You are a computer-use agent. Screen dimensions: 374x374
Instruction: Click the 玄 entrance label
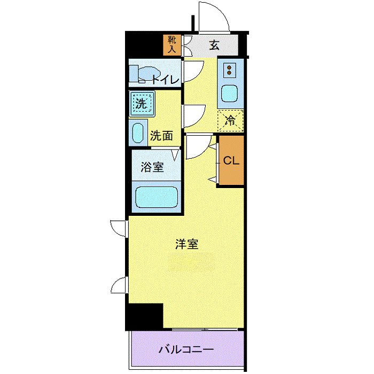pyautogui.click(x=214, y=45)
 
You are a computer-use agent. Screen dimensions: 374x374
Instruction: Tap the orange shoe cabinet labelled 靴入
pyautogui.click(x=172, y=45)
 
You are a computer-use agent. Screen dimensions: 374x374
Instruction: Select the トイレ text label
pyautogui.click(x=166, y=80)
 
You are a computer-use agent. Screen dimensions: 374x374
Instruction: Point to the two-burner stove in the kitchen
pyautogui.click(x=229, y=70)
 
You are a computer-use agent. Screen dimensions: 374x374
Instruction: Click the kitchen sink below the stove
pyautogui.click(x=229, y=93)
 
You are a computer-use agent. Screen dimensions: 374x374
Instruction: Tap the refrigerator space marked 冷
pyautogui.click(x=230, y=121)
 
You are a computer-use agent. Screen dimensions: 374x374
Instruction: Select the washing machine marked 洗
pyautogui.click(x=142, y=104)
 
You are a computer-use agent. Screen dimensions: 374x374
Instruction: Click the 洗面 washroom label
pyautogui.click(x=161, y=136)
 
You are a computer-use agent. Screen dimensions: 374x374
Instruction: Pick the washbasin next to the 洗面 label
pyautogui.click(x=138, y=133)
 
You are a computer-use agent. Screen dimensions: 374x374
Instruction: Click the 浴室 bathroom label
pyautogui.click(x=152, y=167)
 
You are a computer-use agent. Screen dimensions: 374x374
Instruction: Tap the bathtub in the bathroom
pyautogui.click(x=157, y=197)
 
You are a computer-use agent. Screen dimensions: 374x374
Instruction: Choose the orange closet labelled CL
pyautogui.click(x=231, y=160)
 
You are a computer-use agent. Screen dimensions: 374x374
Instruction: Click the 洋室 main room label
pyautogui.click(x=187, y=244)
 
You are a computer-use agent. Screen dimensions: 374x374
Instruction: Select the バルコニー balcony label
pyautogui.click(x=186, y=350)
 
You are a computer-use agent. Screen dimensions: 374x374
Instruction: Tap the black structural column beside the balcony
pyautogui.click(x=145, y=317)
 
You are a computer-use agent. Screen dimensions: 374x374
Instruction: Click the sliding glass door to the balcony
pyautogui.click(x=205, y=330)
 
